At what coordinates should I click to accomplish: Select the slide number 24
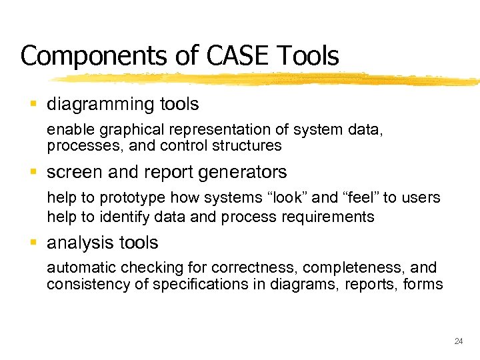[458, 341]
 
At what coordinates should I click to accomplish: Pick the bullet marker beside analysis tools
[34, 243]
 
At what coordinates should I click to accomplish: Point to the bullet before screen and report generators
[34, 172]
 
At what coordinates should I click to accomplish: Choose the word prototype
[134, 198]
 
